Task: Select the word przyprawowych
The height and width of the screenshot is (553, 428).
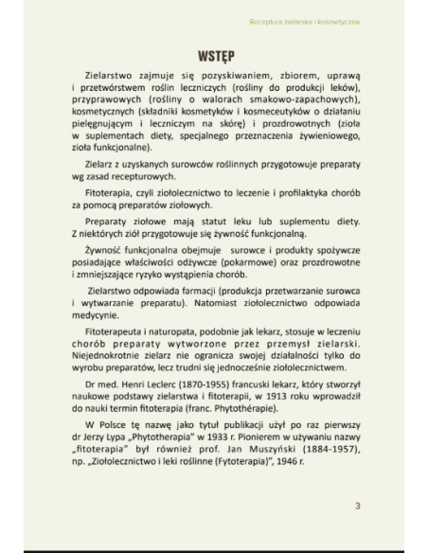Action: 105,98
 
